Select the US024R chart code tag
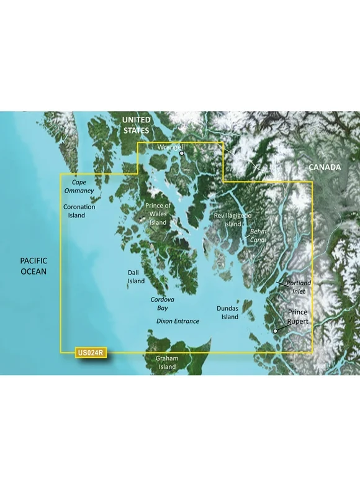click(x=91, y=353)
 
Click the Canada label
click(x=325, y=168)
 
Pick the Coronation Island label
click(x=79, y=211)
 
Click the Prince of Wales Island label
click(x=158, y=214)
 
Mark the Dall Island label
click(x=136, y=276)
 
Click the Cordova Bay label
click(x=163, y=303)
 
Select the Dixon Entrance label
click(x=178, y=321)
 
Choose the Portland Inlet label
click(x=299, y=287)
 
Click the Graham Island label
click(x=167, y=363)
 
